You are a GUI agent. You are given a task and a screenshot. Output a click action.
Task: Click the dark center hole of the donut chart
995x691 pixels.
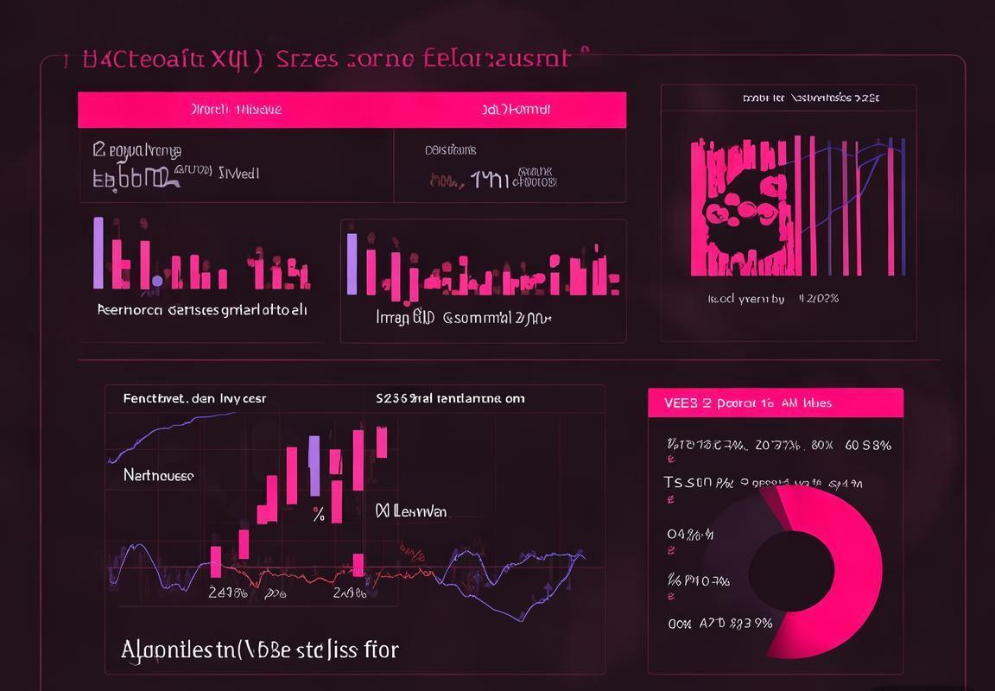(790, 570)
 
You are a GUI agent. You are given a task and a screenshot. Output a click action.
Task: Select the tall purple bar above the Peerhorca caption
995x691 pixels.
(98, 252)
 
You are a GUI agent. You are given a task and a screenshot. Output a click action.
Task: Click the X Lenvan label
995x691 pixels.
(411, 511)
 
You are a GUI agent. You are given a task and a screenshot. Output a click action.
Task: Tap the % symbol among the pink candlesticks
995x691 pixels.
(319, 516)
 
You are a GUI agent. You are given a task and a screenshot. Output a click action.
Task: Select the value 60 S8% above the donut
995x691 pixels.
(868, 446)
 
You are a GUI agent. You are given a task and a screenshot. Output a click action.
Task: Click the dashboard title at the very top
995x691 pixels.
(328, 59)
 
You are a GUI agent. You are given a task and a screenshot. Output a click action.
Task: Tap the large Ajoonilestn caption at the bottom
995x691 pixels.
(260, 649)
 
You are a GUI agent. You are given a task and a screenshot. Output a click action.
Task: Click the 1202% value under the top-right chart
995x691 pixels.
(819, 299)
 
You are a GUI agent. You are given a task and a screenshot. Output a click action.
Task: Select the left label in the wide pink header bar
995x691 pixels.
(236, 110)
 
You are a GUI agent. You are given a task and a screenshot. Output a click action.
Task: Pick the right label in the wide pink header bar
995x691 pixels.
(517, 110)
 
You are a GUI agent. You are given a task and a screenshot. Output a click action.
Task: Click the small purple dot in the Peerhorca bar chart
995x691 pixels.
(157, 281)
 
